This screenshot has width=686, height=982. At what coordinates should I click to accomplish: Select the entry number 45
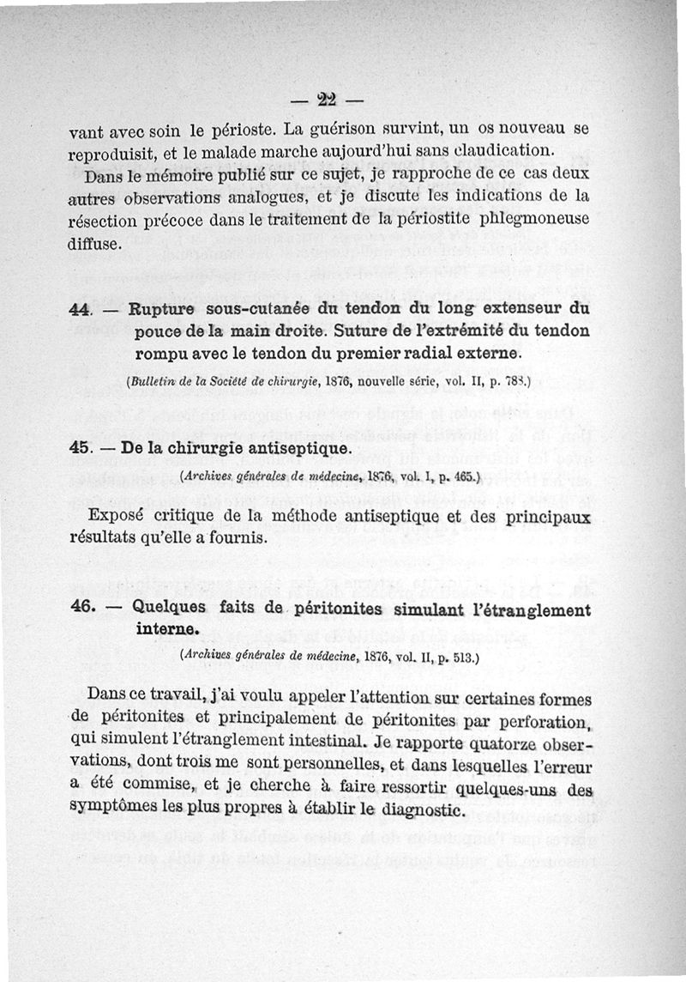80,448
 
